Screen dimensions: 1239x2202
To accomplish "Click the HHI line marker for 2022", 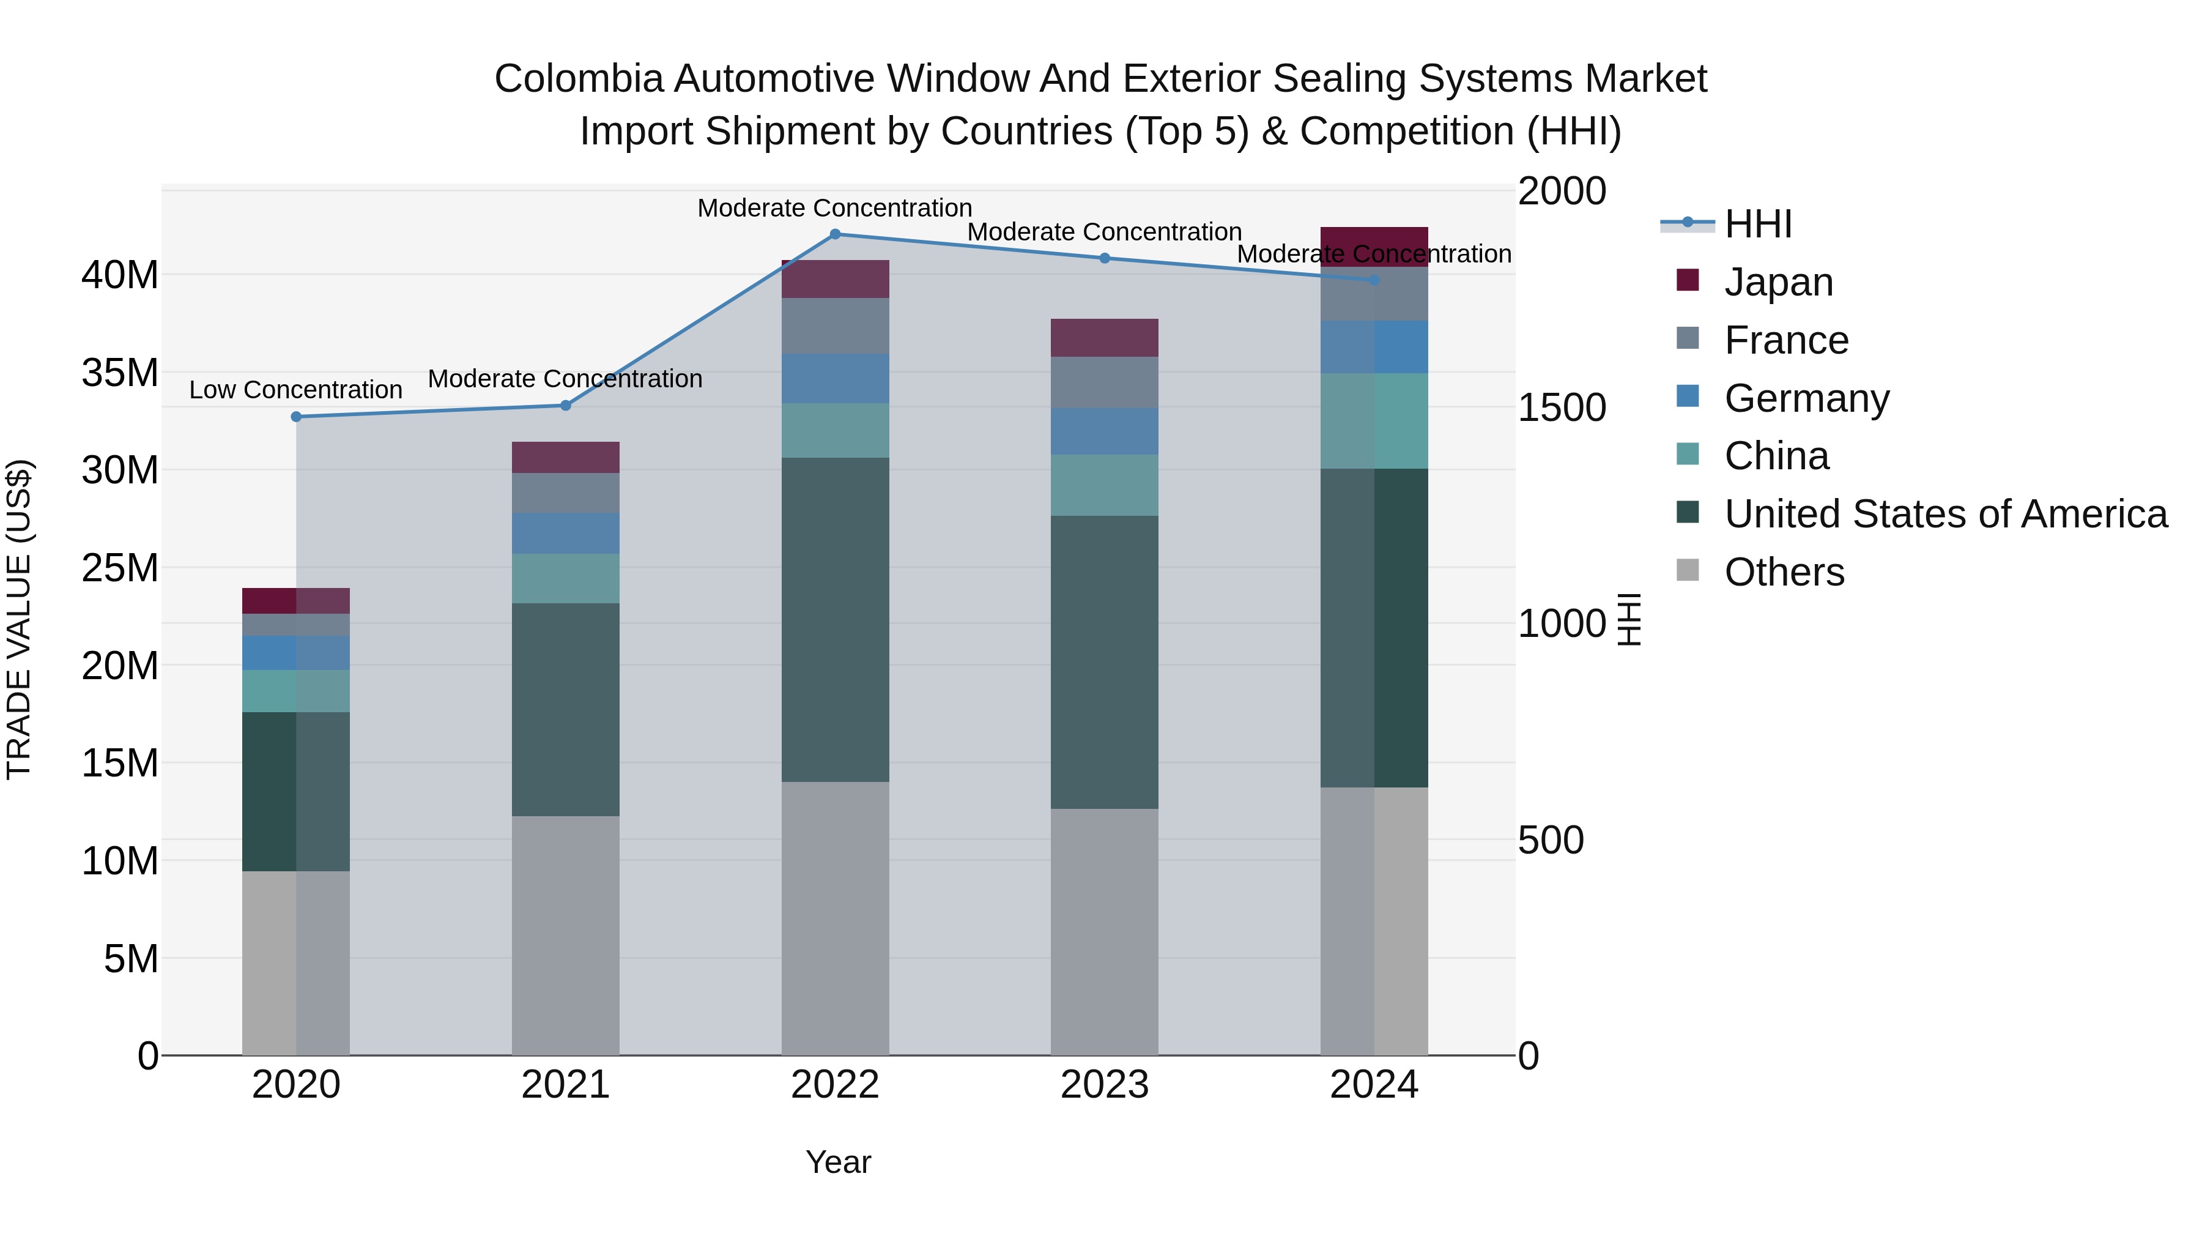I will tap(835, 234).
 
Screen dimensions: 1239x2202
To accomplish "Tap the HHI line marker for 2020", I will tap(297, 417).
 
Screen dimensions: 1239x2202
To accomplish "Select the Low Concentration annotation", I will tap(296, 390).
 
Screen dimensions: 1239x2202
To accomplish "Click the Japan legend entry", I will tap(1778, 282).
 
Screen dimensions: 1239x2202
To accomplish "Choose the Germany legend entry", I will tap(1806, 398).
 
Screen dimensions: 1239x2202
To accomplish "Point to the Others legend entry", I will tap(1784, 572).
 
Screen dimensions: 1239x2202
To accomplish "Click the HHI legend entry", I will tap(1757, 224).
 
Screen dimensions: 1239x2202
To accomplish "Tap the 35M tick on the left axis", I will tap(120, 373).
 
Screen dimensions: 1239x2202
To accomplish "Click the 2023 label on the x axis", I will tap(1105, 1085).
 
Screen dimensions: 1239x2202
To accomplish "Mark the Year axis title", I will tap(838, 1162).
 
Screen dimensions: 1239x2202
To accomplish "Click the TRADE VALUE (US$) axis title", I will tap(19, 619).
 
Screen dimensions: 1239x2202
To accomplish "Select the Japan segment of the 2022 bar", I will tap(835, 280).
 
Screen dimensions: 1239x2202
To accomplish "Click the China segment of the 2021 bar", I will tap(565, 579).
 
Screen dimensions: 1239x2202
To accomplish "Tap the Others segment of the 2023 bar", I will tap(1105, 932).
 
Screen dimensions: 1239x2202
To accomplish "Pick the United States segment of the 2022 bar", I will tap(835, 620).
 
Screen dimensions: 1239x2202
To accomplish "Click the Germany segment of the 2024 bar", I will tap(1374, 347).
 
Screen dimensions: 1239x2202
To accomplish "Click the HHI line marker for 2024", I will tap(1374, 280).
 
